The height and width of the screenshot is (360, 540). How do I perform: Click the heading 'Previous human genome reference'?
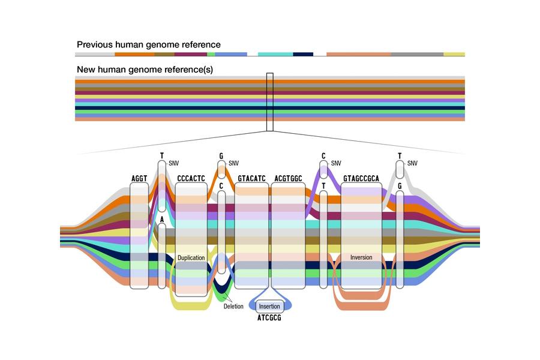[148, 44]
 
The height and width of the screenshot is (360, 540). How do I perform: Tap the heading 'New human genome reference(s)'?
[145, 70]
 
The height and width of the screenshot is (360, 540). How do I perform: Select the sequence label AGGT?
[139, 178]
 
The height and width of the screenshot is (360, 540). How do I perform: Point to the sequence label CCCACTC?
[191, 178]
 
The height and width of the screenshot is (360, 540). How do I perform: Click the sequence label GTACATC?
[251, 178]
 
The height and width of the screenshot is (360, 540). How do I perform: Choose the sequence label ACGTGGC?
[288, 178]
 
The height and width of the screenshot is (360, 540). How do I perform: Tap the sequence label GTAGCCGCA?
[361, 178]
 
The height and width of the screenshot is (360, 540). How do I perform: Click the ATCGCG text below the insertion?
[269, 318]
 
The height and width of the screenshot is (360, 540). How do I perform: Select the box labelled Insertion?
[269, 306]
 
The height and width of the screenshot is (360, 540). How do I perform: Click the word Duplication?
[191, 258]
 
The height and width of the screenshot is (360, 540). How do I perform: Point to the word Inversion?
[361, 257]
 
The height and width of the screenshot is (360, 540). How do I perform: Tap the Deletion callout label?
[233, 306]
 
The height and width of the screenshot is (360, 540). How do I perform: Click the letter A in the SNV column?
[162, 220]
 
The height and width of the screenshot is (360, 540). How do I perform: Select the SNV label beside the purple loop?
[336, 163]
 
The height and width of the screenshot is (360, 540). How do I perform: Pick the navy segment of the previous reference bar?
[303, 55]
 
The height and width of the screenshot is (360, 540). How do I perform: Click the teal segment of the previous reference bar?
[275, 55]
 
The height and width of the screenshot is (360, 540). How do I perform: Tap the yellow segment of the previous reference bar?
[454, 55]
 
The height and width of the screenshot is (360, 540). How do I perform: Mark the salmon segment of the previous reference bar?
[359, 55]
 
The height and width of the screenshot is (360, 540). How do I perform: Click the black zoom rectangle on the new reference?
[269, 102]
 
